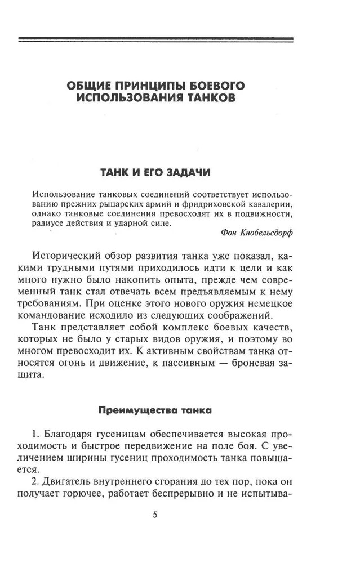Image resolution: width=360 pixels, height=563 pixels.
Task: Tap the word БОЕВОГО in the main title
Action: [217, 86]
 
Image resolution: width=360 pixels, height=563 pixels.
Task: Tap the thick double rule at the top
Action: [155, 39]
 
